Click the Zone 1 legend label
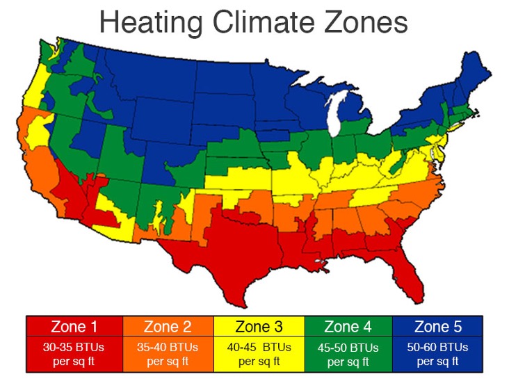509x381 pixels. [x=74, y=326]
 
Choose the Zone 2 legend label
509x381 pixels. [x=168, y=326]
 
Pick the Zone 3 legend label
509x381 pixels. [x=259, y=326]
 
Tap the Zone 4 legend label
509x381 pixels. [x=348, y=326]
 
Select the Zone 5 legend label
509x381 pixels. [x=438, y=326]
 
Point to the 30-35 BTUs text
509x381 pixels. [x=74, y=346]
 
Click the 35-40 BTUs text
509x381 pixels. [x=168, y=346]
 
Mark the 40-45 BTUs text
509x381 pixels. [x=259, y=347]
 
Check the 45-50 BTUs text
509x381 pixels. [x=348, y=347]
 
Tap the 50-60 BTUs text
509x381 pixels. [x=438, y=346]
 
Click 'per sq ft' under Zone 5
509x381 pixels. [x=438, y=360]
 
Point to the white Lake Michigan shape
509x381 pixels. [x=335, y=118]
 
